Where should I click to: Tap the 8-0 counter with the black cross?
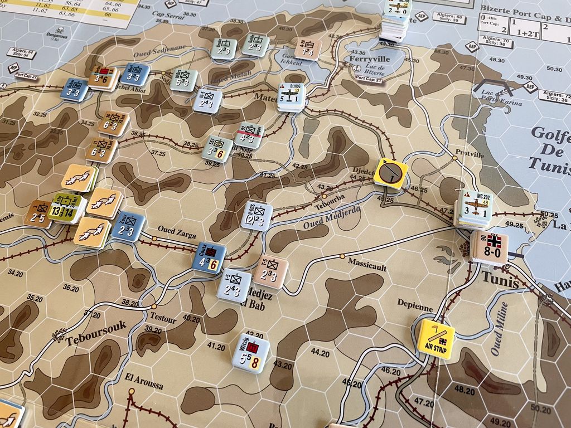[x=489, y=247]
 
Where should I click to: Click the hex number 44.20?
[x=320, y=352]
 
